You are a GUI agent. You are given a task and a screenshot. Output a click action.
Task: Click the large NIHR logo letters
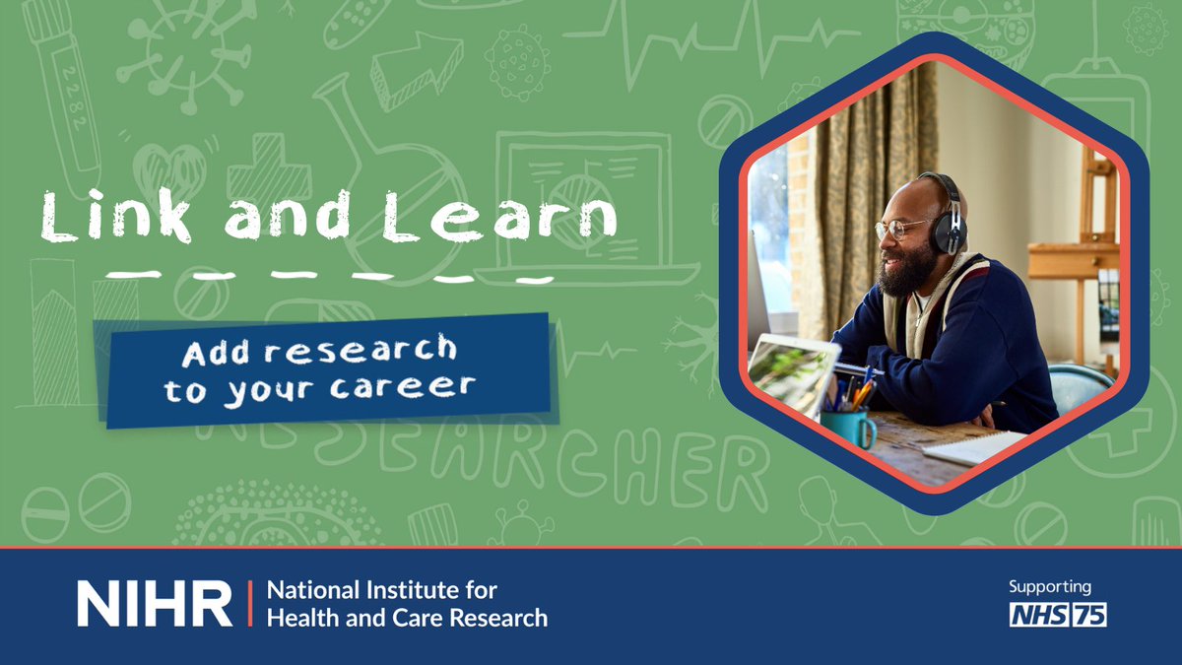155,603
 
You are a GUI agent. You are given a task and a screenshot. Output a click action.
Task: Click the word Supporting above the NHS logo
1049,587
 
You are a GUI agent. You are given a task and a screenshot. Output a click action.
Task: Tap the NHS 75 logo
1058,615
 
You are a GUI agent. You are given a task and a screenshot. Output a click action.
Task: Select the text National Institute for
382,591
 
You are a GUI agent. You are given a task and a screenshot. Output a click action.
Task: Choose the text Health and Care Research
407,619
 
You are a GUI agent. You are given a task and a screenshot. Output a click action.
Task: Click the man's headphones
948,217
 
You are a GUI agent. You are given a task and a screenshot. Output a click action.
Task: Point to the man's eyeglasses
898,230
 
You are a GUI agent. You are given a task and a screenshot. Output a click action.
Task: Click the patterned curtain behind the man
867,197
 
